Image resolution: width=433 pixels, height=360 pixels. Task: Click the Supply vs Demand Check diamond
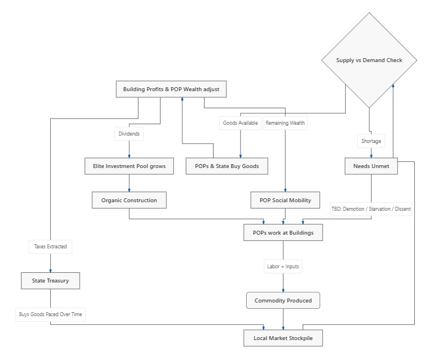pyautogui.click(x=369, y=60)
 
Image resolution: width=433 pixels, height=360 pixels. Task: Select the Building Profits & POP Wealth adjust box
pyautogui.click(x=171, y=89)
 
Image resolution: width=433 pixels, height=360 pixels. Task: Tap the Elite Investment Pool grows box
pyautogui.click(x=129, y=166)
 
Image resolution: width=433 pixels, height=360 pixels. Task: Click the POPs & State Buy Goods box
pyautogui.click(x=227, y=166)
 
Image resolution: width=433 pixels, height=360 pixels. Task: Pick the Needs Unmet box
pyautogui.click(x=371, y=166)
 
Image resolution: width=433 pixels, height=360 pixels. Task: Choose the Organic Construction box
pyautogui.click(x=129, y=200)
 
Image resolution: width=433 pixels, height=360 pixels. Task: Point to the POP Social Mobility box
pyautogui.click(x=285, y=200)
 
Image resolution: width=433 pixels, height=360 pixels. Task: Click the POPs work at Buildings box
pyautogui.click(x=283, y=233)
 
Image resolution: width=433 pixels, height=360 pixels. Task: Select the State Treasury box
pyautogui.click(x=51, y=281)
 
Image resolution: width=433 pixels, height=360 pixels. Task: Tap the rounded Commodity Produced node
pyautogui.click(x=283, y=300)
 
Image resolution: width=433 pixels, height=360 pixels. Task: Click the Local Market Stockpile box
pyautogui.click(x=283, y=338)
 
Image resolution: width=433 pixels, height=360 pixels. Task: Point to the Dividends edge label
pyautogui.click(x=129, y=134)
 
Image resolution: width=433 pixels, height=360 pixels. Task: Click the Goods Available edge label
pyautogui.click(x=240, y=123)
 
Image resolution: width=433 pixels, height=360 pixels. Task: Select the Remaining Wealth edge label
pyautogui.click(x=285, y=123)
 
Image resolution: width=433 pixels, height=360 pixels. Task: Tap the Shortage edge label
pyautogui.click(x=371, y=141)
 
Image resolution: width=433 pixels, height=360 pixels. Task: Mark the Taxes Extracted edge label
pyautogui.click(x=51, y=247)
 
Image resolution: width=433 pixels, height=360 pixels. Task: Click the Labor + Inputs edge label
pyautogui.click(x=283, y=267)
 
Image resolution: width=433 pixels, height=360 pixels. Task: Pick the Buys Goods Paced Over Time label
pyautogui.click(x=51, y=314)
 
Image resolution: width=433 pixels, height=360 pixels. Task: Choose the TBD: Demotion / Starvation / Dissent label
pyautogui.click(x=371, y=209)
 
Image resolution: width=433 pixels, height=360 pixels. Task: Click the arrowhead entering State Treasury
pyautogui.click(x=51, y=271)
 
